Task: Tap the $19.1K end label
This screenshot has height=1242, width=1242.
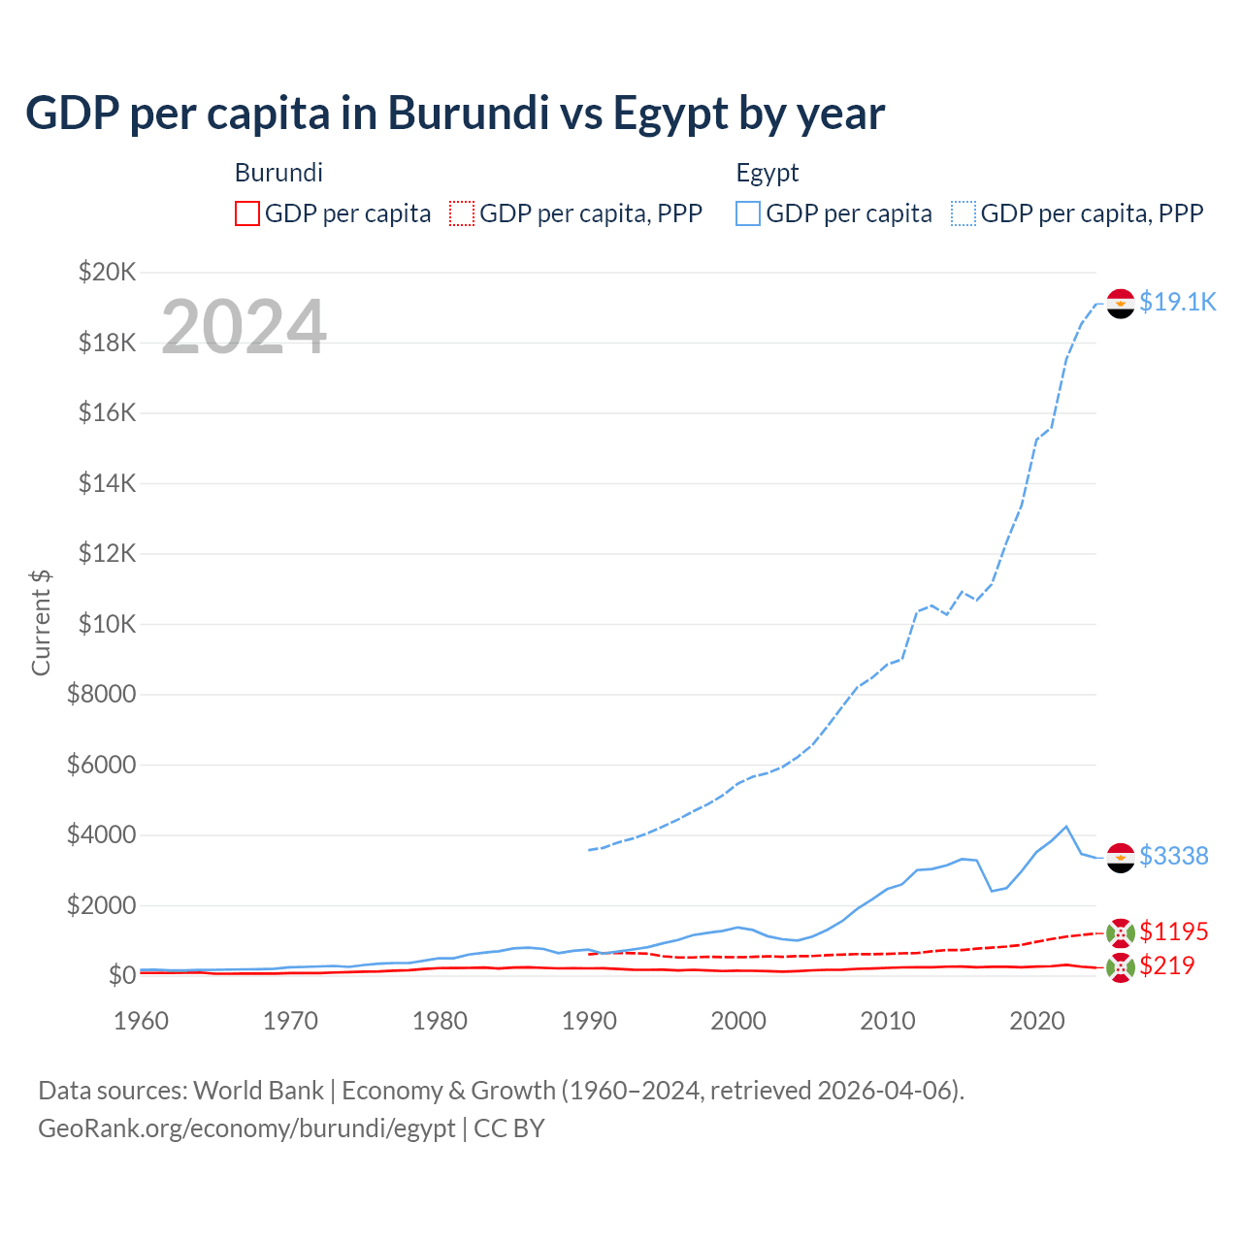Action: [1177, 302]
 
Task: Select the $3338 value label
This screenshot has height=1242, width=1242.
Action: [1173, 856]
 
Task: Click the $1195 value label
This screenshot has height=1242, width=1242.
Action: [1173, 931]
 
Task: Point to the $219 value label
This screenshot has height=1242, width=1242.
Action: [1166, 965]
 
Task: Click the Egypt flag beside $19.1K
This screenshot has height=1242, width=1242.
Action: [1121, 304]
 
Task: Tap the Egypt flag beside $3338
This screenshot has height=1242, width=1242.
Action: [1121, 858]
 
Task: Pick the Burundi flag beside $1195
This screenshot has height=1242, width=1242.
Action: [1121, 932]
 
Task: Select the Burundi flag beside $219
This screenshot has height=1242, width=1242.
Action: [1121, 967]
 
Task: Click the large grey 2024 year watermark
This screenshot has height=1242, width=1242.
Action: [244, 327]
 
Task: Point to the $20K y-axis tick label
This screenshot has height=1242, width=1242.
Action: [107, 272]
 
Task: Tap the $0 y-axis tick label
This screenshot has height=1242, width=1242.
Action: [121, 975]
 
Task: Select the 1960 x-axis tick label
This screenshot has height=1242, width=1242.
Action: [142, 1021]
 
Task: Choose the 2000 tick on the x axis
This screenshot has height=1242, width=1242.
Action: [738, 1021]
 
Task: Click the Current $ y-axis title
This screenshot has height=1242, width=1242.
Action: [41, 622]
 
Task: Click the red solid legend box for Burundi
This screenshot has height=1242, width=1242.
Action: [247, 213]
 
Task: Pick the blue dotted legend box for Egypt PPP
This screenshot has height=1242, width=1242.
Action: [964, 213]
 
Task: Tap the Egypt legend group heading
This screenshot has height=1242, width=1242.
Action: [768, 173]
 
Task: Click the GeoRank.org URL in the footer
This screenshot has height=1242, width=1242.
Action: [246, 1128]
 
